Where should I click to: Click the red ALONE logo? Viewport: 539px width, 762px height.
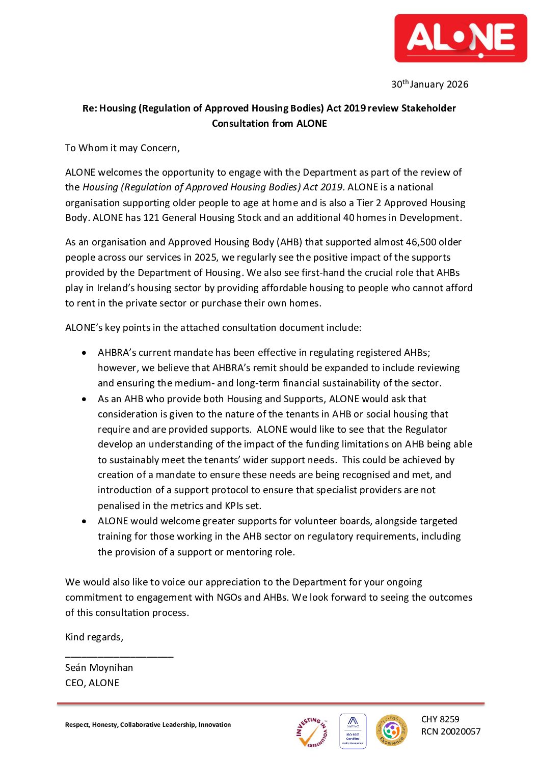pyautogui.click(x=461, y=38)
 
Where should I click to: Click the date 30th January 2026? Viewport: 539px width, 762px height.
pyautogui.click(x=429, y=84)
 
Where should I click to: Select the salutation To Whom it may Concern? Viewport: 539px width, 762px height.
pyautogui.click(x=122, y=148)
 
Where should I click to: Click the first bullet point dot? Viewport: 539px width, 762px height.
pyautogui.click(x=84, y=353)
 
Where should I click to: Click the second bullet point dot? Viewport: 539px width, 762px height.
pyautogui.click(x=84, y=399)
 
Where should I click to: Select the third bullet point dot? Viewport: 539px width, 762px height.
pyautogui.click(x=84, y=521)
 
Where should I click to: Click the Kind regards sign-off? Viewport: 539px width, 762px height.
pyautogui.click(x=94, y=637)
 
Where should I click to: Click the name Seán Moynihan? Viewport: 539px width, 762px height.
pyautogui.click(x=99, y=668)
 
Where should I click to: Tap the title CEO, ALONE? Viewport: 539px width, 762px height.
pyautogui.click(x=92, y=683)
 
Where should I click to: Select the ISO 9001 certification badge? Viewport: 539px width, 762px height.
pyautogui.click(x=353, y=731)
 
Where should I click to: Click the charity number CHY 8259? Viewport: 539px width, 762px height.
pyautogui.click(x=440, y=719)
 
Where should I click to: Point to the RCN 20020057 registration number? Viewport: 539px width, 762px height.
pyautogui.click(x=450, y=732)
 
